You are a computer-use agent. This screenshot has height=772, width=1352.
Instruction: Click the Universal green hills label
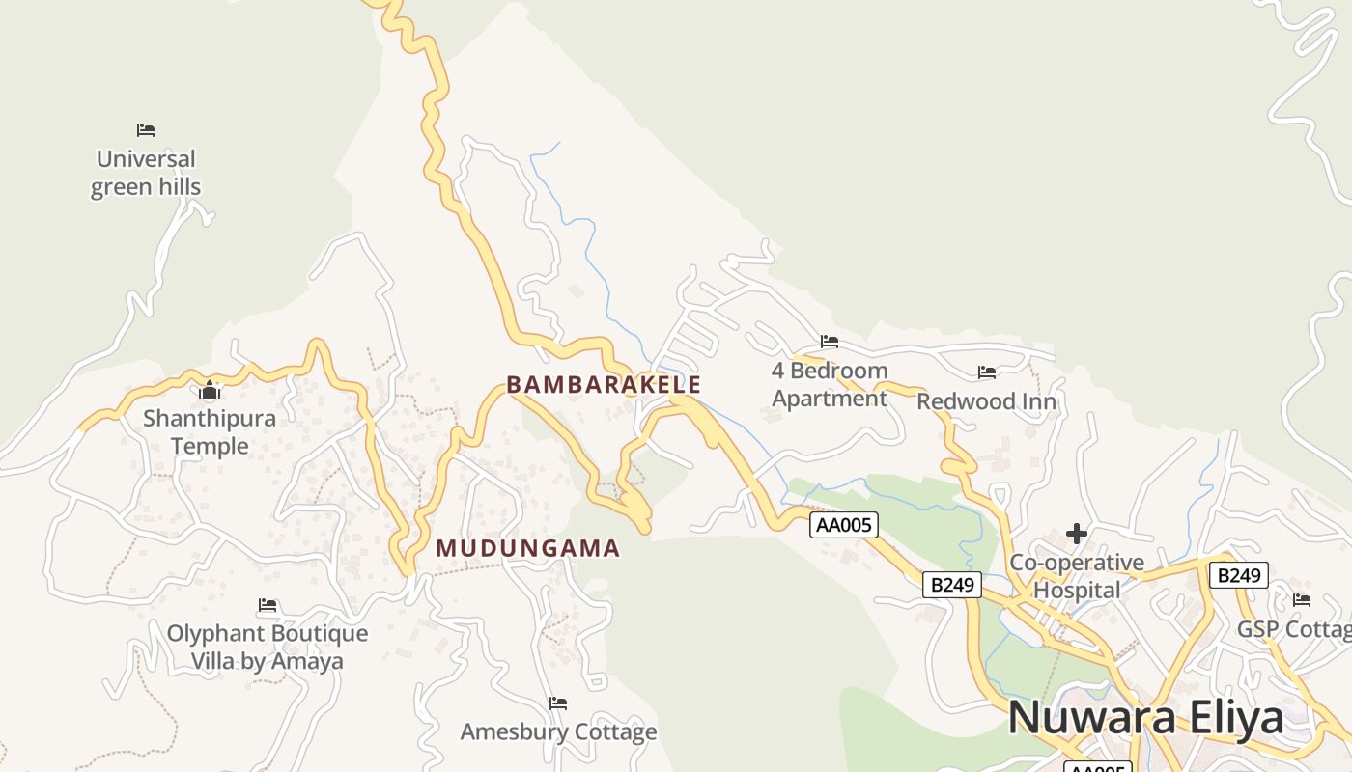146,173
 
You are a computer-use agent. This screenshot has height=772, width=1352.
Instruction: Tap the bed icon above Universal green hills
146,130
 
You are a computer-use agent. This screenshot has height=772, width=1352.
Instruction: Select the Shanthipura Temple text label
210,432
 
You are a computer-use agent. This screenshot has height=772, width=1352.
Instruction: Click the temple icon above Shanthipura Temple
210,391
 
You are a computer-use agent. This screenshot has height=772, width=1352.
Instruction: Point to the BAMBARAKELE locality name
604,384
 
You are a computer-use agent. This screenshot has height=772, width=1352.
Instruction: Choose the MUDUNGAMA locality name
527,548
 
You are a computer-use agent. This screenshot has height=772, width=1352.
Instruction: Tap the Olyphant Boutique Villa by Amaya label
268,648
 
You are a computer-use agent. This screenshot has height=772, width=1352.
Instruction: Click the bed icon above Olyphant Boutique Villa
268,605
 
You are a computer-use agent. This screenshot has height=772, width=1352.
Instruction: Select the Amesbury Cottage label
558,731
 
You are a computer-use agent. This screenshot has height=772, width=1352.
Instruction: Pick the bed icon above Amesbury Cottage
558,703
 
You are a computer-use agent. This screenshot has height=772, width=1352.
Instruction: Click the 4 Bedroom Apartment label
830,384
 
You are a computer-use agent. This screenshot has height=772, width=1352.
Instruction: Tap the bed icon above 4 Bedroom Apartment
830,341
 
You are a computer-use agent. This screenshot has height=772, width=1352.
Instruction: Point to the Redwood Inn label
986,401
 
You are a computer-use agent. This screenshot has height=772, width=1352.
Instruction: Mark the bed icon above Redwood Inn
986,372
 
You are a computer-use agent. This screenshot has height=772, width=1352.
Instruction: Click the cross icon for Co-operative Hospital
1077,534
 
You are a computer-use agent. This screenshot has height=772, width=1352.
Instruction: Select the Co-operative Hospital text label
1077,576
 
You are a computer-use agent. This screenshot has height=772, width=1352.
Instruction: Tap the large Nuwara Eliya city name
1145,718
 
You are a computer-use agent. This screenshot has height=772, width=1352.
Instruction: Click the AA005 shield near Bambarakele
844,525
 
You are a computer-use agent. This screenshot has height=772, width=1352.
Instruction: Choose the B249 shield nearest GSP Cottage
1238,576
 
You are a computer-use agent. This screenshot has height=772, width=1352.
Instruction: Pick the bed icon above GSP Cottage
1302,600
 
